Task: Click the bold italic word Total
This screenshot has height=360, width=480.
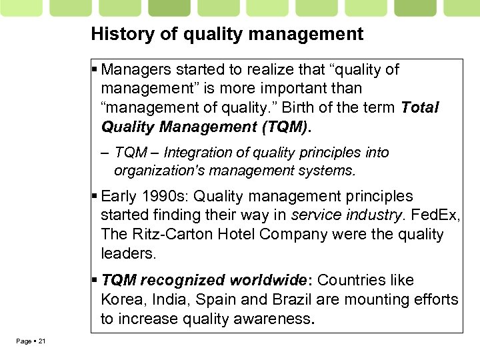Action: [421, 107]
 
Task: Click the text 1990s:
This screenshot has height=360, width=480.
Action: [165, 197]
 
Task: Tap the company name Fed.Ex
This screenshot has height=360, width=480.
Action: [436, 215]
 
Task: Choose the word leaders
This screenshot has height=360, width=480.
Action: [127, 253]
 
